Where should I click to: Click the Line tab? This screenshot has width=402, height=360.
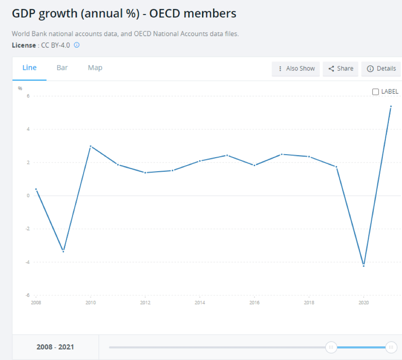[x=29, y=68]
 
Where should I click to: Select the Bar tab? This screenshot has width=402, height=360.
[x=62, y=68]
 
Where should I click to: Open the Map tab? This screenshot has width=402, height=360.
[x=95, y=68]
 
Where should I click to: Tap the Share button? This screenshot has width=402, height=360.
[x=341, y=69]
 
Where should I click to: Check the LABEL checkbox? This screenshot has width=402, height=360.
[x=376, y=92]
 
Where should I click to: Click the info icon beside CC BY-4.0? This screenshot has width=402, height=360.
[x=77, y=45]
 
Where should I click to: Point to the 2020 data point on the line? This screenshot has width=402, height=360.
[x=364, y=265]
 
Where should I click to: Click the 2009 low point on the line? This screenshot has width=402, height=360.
[x=63, y=251]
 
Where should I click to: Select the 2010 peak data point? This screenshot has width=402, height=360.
[x=90, y=146]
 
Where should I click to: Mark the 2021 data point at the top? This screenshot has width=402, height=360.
[x=391, y=107]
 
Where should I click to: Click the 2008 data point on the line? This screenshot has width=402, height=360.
[x=36, y=189]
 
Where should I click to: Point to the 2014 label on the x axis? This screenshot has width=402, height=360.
[x=200, y=302]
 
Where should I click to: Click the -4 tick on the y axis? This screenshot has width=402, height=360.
[x=28, y=262]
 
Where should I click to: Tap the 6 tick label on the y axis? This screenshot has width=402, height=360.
[x=28, y=96]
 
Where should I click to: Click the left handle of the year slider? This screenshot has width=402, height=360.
[x=331, y=347]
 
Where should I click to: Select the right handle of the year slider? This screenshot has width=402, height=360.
[x=391, y=347]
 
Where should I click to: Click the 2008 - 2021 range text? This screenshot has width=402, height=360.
[x=55, y=347]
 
